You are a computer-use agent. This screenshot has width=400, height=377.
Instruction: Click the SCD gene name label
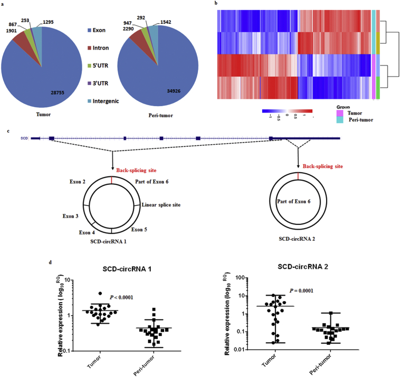pos(24,138)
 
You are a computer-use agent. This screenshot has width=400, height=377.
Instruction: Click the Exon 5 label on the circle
pos(139,229)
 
